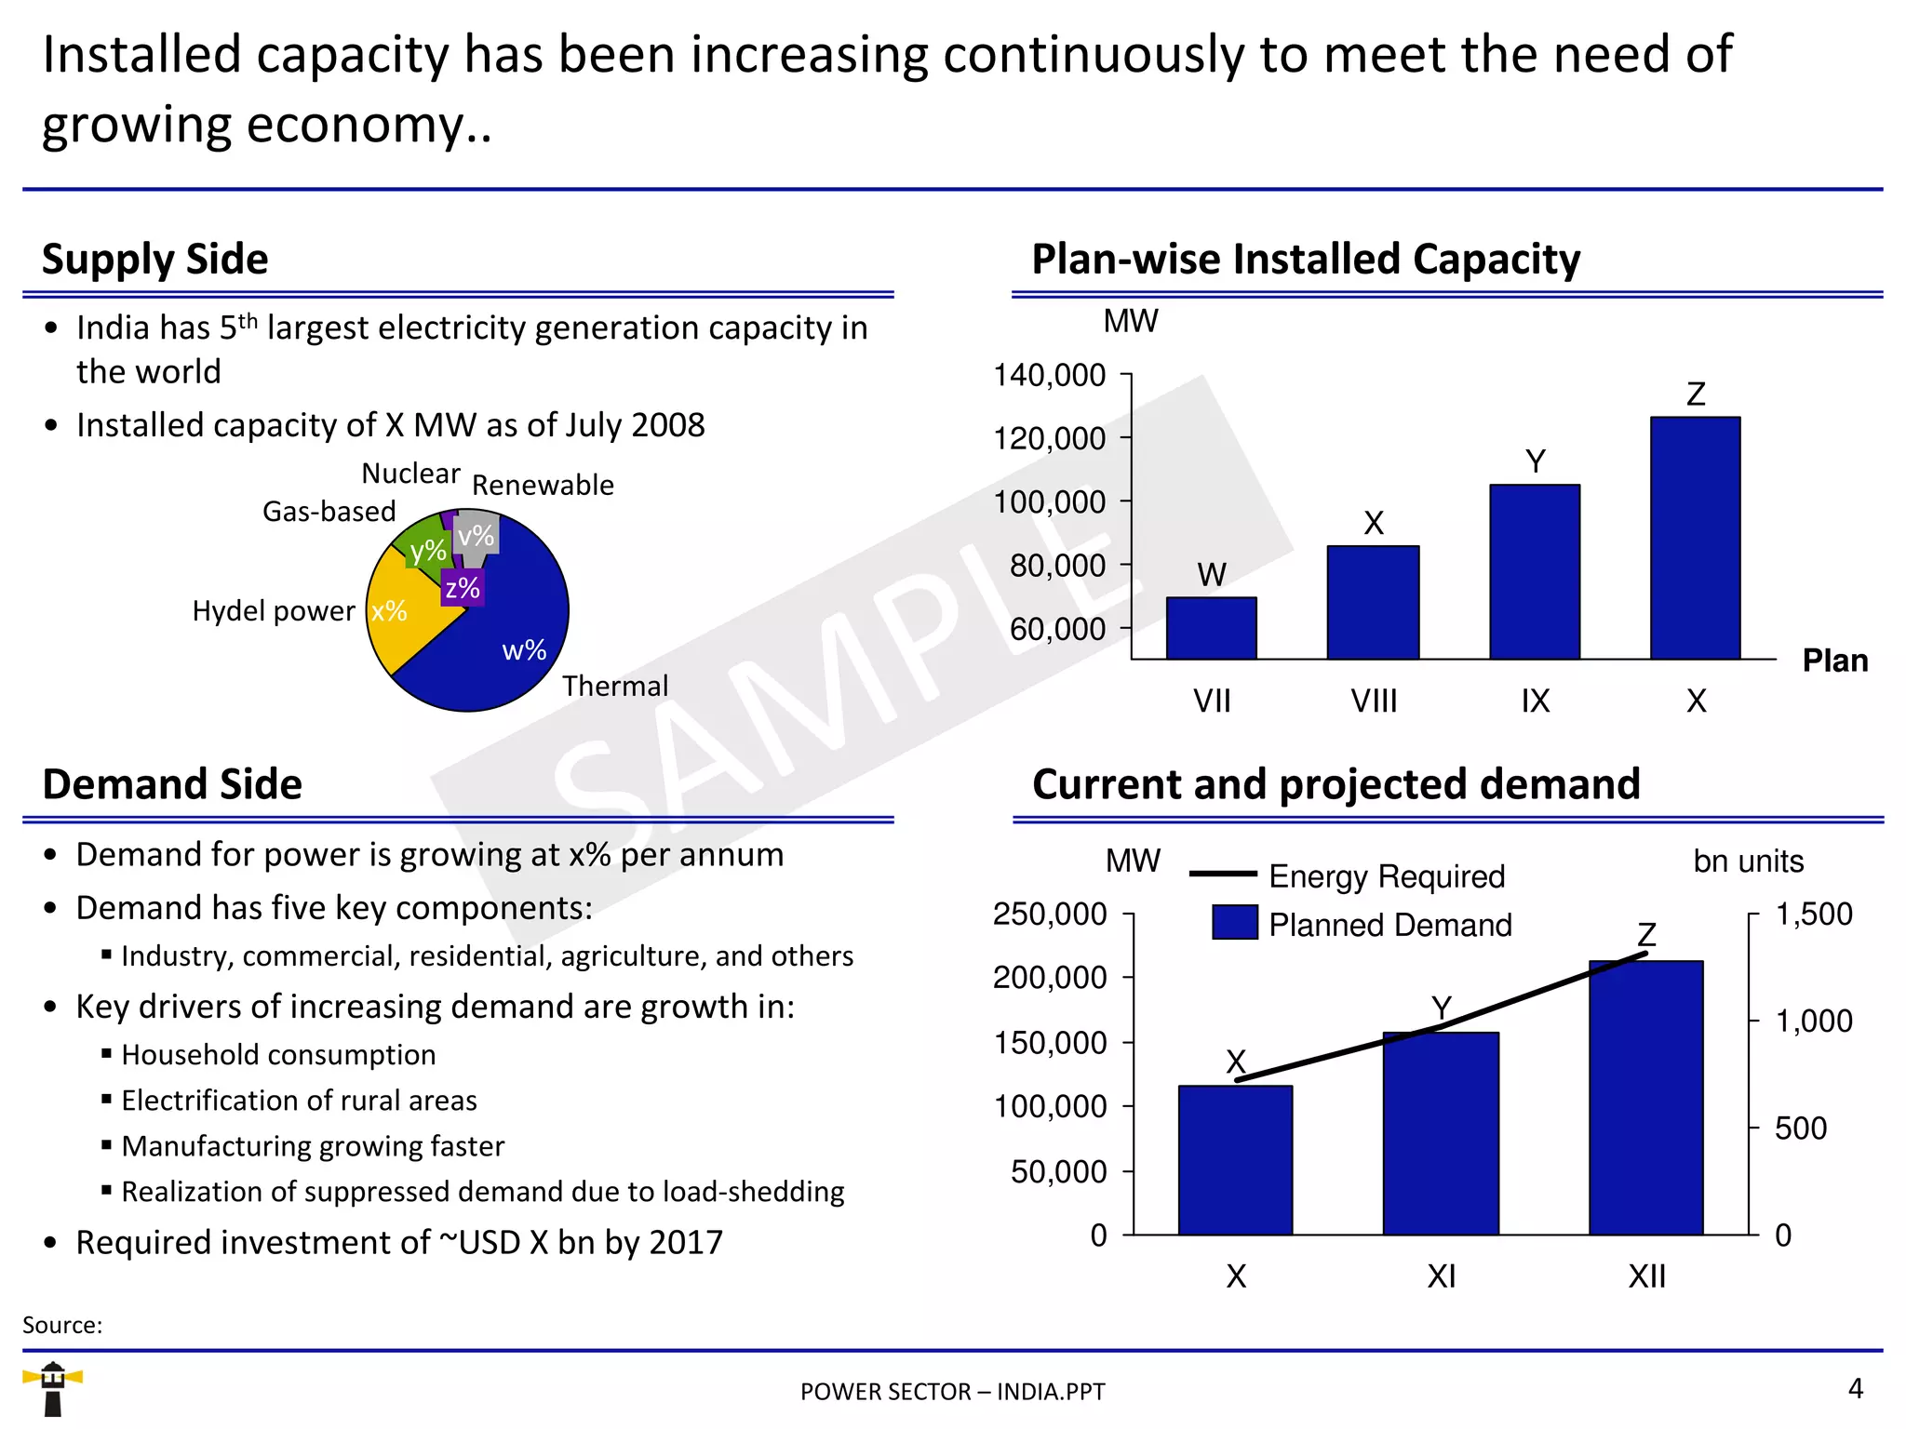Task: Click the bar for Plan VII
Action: [1211, 628]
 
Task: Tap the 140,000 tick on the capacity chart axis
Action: [1050, 375]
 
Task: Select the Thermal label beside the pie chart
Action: [615, 686]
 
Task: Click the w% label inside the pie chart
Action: [524, 649]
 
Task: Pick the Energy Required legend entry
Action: [1386, 875]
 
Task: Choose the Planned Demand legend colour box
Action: [1235, 923]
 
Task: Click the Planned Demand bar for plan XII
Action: [1645, 1098]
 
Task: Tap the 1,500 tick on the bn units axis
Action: [1813, 914]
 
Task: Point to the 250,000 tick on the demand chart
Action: [1050, 914]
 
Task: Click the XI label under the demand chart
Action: [1441, 1275]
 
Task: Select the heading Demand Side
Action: [172, 783]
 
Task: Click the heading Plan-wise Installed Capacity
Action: [1306, 259]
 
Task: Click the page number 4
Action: [1855, 1388]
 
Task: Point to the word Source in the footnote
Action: [61, 1325]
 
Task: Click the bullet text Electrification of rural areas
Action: [299, 1100]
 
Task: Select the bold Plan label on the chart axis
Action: [1834, 660]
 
